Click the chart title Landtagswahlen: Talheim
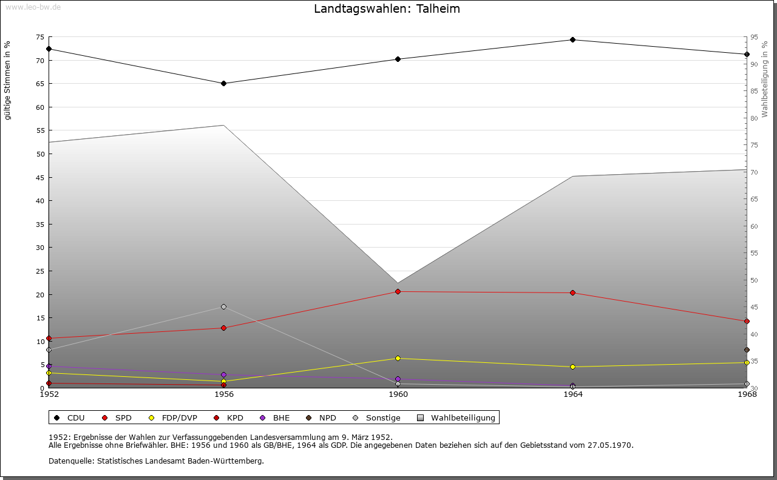(387, 9)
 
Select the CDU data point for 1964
(572, 40)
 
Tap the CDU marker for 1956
(223, 84)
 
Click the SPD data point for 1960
(398, 292)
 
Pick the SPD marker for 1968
(747, 322)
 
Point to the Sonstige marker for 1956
(223, 307)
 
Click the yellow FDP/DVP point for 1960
(398, 359)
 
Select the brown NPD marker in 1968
(747, 350)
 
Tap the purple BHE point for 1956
(223, 375)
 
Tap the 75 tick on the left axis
(39, 38)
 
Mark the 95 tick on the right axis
(754, 38)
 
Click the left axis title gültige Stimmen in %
(8, 81)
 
